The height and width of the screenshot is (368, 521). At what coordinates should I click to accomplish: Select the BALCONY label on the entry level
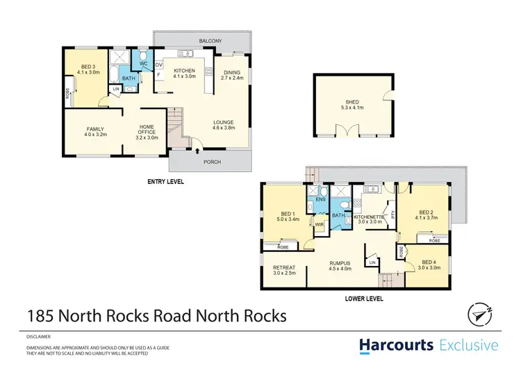pyautogui.click(x=210, y=42)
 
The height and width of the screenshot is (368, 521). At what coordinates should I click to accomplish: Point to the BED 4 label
pyautogui.click(x=429, y=262)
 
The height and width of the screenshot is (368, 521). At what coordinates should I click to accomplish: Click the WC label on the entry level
pyautogui.click(x=144, y=64)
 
